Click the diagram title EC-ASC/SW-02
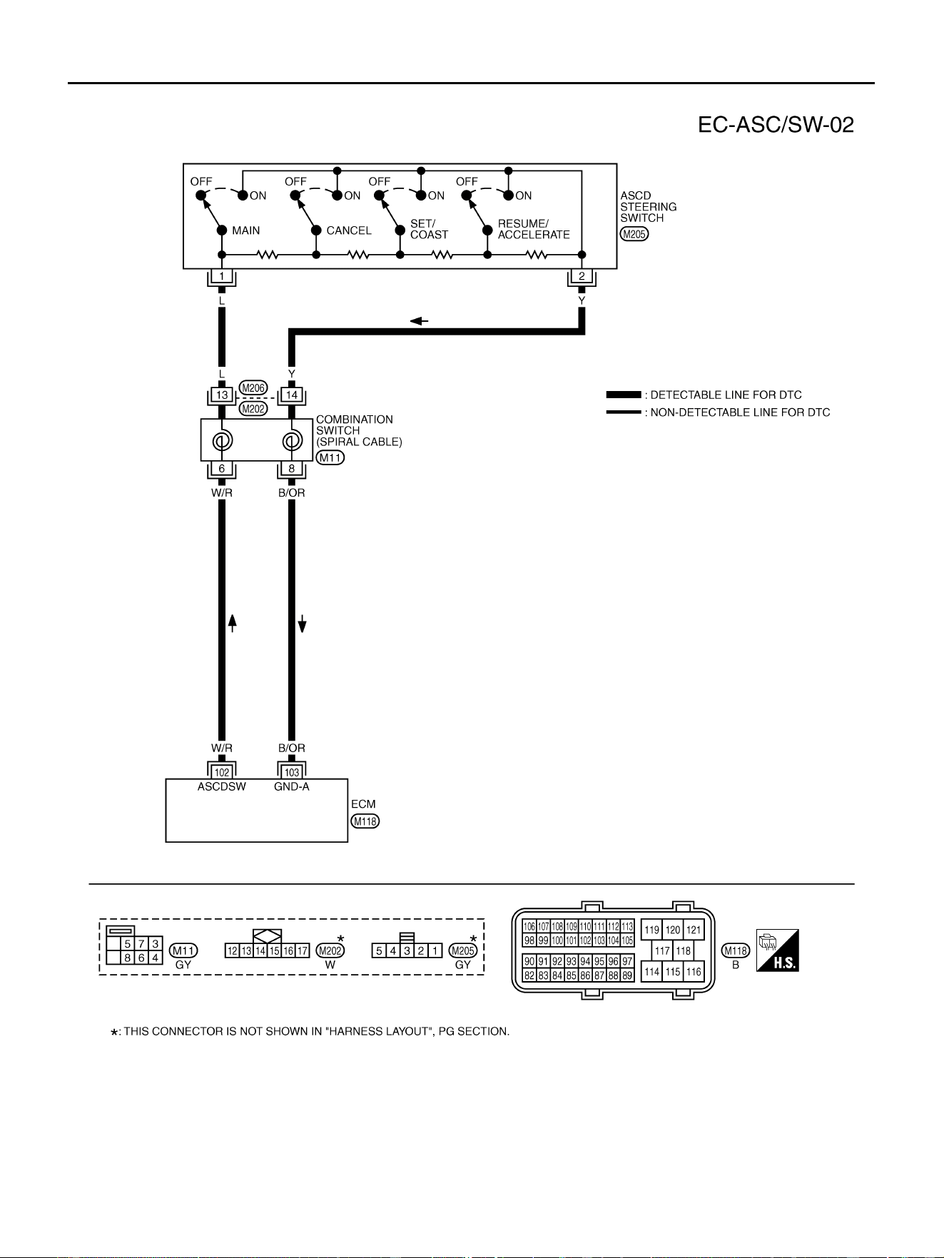click(776, 125)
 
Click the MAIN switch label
click(246, 230)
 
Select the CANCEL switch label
click(349, 230)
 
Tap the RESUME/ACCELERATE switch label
click(534, 229)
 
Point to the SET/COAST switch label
click(430, 229)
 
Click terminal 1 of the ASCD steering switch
click(222, 276)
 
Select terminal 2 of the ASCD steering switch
click(582, 276)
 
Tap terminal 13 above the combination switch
click(222, 395)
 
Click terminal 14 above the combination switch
click(292, 395)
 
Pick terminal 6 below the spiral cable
click(222, 469)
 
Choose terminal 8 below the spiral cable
click(292, 469)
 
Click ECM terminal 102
click(222, 773)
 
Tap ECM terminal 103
click(292, 773)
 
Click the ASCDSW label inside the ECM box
click(222, 787)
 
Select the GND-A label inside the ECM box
click(292, 787)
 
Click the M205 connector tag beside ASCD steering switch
click(634, 234)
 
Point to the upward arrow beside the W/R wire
click(232, 623)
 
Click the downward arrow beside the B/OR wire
click(302, 623)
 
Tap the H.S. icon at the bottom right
click(778, 950)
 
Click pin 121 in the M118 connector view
click(694, 930)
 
